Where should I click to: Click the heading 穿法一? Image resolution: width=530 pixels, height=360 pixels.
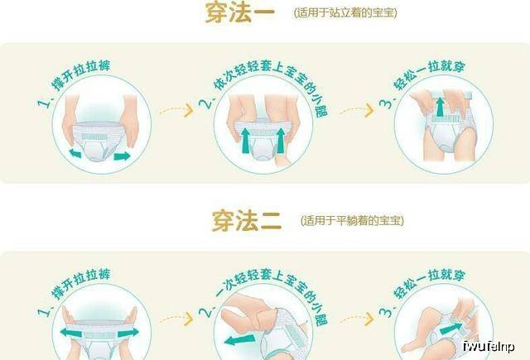(239, 13)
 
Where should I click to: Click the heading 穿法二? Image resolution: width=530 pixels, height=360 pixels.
(247, 220)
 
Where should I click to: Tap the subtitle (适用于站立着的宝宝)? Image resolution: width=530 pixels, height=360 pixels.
(345, 13)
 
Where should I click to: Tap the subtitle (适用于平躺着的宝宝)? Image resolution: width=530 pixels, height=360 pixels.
(352, 220)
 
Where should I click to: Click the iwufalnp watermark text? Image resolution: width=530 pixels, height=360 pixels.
(489, 347)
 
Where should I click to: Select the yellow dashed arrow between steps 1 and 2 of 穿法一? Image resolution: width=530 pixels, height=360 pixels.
(176, 111)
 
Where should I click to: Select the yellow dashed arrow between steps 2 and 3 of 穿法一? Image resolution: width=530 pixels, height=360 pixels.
(357, 111)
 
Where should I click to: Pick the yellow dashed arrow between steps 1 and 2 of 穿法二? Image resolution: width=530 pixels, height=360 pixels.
(176, 319)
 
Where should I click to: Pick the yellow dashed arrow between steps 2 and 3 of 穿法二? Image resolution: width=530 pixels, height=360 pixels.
(357, 319)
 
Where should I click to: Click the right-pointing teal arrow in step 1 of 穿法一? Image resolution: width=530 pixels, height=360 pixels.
(122, 156)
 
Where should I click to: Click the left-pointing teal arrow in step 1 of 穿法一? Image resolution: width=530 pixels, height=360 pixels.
(75, 153)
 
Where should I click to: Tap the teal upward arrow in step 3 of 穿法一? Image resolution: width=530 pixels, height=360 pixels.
(440, 107)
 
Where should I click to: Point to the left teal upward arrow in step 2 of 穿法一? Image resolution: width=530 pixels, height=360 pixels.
(246, 142)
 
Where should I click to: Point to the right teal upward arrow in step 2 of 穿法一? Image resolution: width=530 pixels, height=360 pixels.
(281, 142)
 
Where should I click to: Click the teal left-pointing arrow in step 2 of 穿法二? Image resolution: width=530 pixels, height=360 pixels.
(240, 340)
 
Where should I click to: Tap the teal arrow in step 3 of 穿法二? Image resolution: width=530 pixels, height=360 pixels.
(450, 329)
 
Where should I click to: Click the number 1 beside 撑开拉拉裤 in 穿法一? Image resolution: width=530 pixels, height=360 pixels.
(43, 102)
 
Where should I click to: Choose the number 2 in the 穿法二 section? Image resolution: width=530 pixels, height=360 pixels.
(205, 311)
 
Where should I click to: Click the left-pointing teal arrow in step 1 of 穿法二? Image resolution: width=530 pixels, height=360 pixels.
(71, 333)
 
